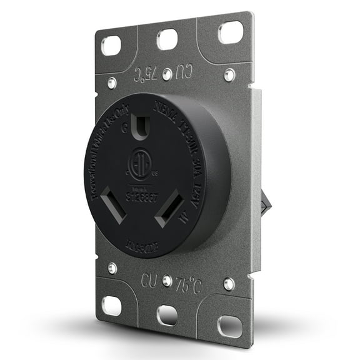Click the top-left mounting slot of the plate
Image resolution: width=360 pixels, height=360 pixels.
[111, 44]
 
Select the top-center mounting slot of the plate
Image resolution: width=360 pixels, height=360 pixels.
[168, 39]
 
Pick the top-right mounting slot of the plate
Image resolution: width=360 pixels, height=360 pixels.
[230, 31]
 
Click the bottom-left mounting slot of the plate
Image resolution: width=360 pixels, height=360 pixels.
[112, 305]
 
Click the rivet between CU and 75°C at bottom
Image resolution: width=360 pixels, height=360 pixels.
[167, 281]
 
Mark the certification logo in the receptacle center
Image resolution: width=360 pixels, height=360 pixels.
[139, 164]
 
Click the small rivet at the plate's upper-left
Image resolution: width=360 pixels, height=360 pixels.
[111, 82]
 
